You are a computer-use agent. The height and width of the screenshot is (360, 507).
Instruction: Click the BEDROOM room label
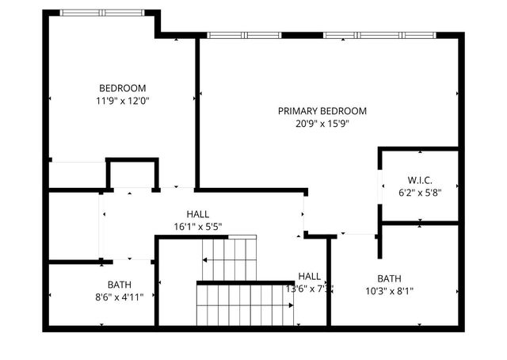point(122,88)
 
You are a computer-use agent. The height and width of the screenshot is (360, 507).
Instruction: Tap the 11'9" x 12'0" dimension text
point(122,101)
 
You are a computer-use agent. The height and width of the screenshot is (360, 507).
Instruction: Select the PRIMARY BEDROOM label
point(322,111)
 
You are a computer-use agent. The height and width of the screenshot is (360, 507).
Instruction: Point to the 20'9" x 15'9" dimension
point(322,124)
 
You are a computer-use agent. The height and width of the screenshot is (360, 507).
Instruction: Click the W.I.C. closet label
point(420,180)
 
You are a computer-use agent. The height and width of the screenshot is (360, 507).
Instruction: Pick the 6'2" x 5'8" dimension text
point(420,193)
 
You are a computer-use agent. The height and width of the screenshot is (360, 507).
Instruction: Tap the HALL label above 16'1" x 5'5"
point(198,214)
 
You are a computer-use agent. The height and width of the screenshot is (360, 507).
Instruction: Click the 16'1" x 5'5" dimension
point(198,227)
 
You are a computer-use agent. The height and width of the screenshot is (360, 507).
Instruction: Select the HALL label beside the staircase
point(310,276)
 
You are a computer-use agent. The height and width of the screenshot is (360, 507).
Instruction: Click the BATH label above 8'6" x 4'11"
point(120,285)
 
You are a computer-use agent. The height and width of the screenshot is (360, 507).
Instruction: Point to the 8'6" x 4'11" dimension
point(120,297)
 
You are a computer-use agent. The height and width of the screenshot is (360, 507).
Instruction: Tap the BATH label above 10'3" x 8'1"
point(389,278)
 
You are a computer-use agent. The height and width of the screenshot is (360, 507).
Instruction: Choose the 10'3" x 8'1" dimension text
point(389,291)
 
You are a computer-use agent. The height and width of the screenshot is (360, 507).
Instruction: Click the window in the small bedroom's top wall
point(102,13)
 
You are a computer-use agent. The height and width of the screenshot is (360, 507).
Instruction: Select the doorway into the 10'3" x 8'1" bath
point(356,234)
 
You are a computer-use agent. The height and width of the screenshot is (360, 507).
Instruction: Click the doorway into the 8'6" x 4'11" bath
point(129,260)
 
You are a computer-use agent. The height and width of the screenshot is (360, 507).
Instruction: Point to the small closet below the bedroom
point(132,174)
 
